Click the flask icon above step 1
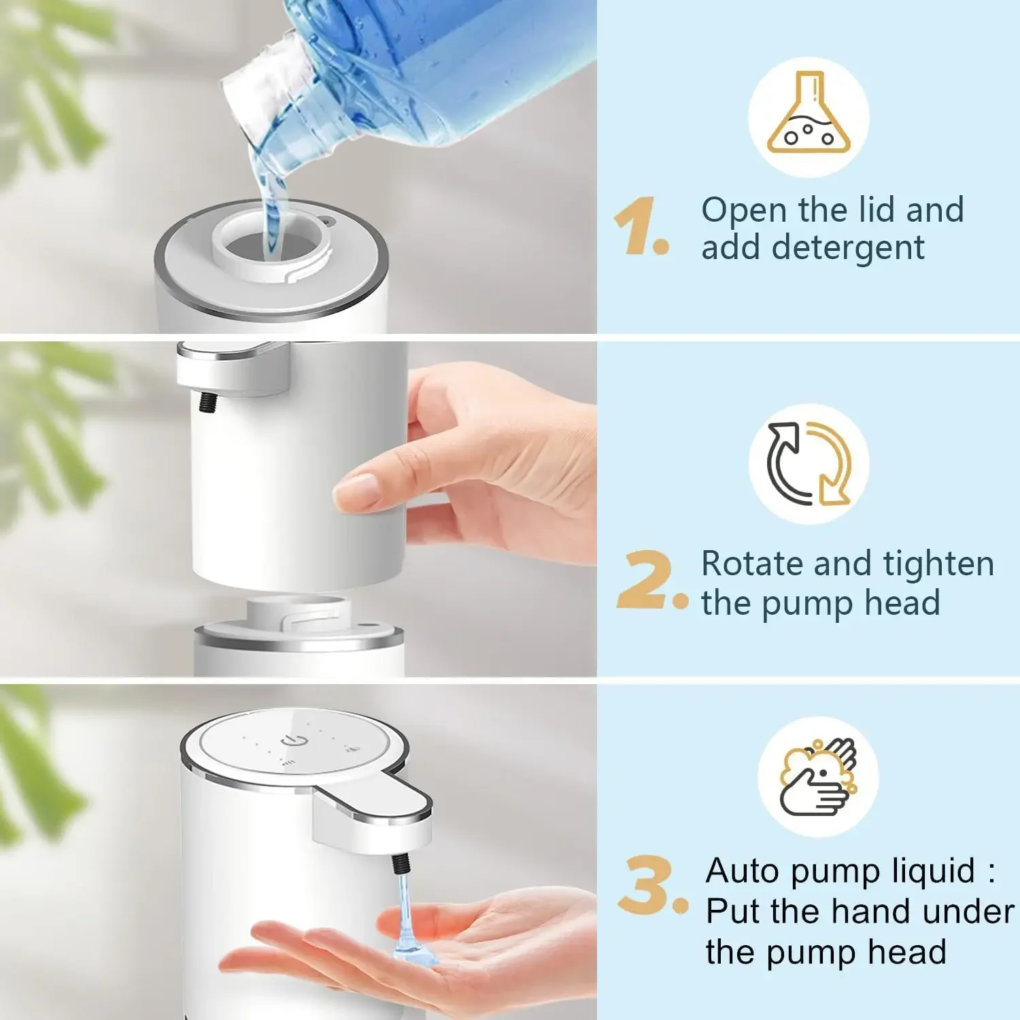(809, 116)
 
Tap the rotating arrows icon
(809, 464)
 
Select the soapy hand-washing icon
(818, 777)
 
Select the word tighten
(938, 564)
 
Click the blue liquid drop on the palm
(415, 949)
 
